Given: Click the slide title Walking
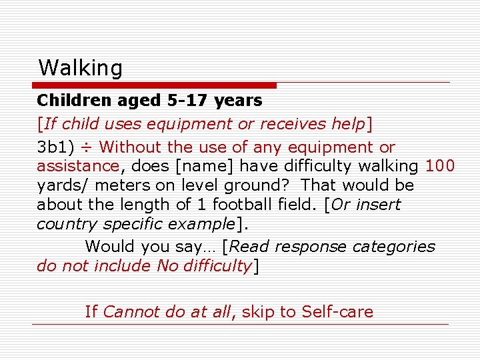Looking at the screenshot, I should click(x=81, y=68).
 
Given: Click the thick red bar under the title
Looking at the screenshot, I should click(x=155, y=85).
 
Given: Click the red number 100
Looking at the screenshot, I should click(x=440, y=166).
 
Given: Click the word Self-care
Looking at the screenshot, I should click(x=337, y=311).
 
